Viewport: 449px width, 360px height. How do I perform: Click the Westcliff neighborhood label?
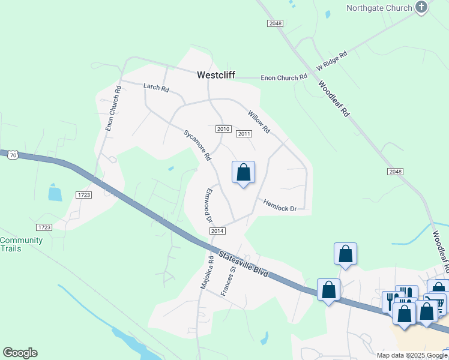tap(216, 76)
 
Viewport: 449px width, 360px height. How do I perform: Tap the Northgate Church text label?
tap(379, 8)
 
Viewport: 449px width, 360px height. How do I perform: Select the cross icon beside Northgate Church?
tap(421, 8)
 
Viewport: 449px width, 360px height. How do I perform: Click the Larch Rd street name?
tap(156, 88)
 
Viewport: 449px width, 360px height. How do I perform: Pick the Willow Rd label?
tap(259, 121)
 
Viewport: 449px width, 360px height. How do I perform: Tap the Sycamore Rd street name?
tap(198, 145)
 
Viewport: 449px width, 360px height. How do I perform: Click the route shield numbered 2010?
tap(223, 129)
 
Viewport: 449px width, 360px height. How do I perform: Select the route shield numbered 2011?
tap(244, 134)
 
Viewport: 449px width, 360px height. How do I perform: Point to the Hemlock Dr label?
tap(280, 205)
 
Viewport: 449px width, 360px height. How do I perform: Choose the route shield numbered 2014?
tap(217, 231)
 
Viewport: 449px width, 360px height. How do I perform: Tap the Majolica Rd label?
tap(208, 272)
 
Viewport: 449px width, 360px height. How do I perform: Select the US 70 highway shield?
tap(13, 155)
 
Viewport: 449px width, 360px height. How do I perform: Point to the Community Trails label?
tap(22, 245)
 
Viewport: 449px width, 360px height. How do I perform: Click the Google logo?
tap(20, 353)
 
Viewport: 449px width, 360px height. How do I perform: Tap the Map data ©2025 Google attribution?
tap(412, 355)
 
